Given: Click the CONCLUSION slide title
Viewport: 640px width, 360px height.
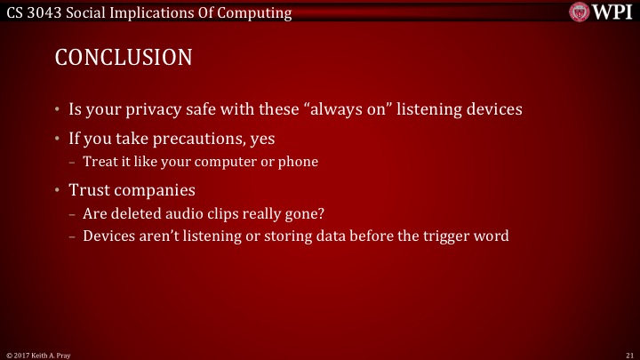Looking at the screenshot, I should (124, 58).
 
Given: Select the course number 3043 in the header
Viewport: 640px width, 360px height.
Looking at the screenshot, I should (42, 12).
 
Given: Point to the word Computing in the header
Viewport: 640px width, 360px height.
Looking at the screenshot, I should (258, 12).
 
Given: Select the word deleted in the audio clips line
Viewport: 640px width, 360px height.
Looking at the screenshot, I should (131, 213).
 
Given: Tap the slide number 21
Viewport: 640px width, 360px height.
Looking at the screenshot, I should (628, 354).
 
